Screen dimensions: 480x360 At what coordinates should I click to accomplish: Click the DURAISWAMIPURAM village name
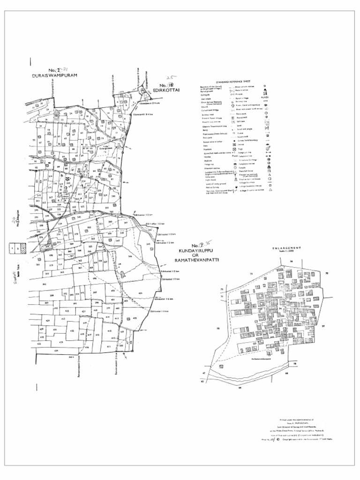54,75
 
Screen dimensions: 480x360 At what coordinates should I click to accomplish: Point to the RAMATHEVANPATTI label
196,260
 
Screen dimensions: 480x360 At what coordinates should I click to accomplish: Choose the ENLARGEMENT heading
287,247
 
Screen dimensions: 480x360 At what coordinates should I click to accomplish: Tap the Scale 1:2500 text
287,251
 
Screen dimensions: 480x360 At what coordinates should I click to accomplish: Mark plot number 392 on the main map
45,284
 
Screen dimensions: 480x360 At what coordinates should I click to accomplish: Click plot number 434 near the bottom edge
56,350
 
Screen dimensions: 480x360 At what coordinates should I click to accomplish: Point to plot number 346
130,256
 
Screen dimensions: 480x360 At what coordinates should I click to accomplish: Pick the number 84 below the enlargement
240,388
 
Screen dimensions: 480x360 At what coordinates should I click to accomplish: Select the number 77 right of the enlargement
322,327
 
